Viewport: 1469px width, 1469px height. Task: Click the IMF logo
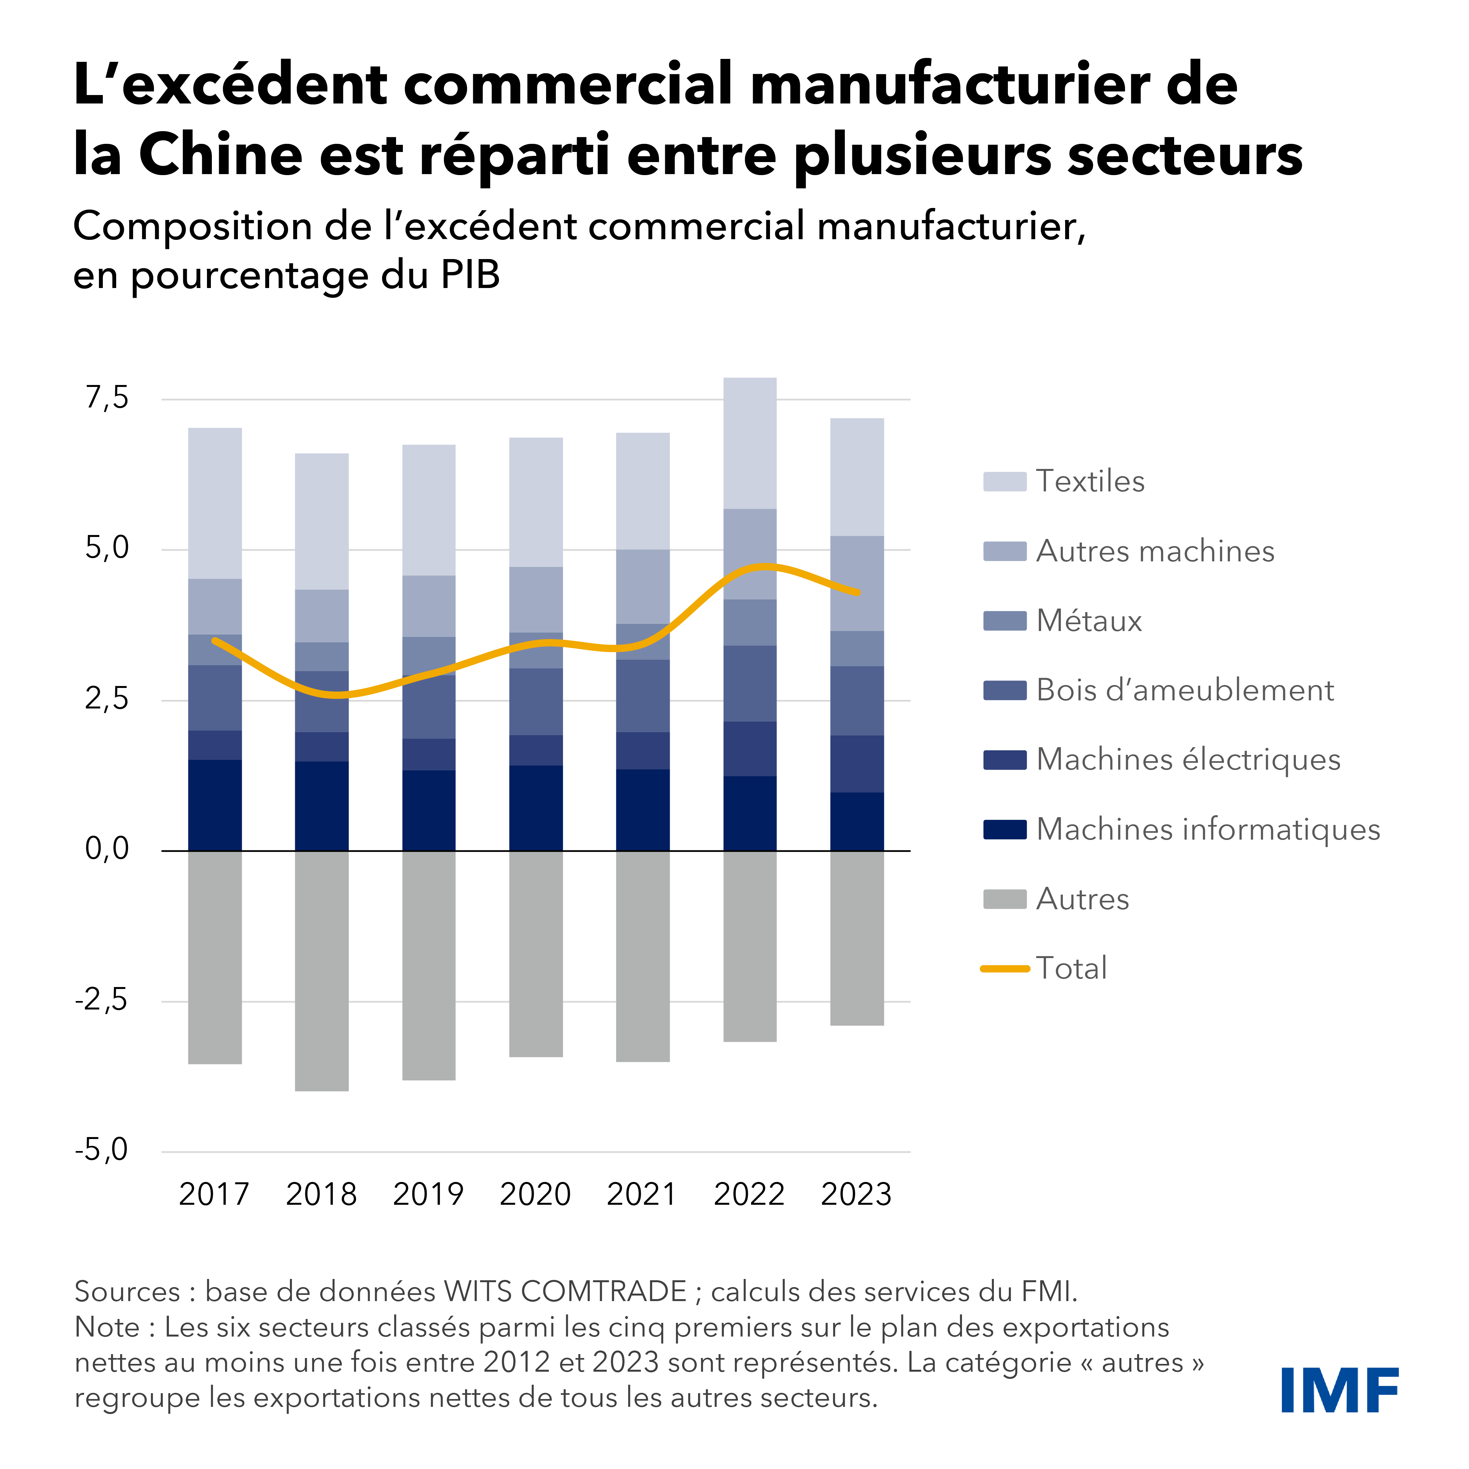point(1340,1390)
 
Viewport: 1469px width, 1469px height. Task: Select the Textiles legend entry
point(1090,481)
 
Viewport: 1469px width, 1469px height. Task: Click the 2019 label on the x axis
point(428,1195)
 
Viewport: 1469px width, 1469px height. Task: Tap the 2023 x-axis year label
point(856,1195)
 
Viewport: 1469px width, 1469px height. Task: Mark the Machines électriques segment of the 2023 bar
point(857,763)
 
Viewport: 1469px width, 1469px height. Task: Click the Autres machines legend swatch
point(1004,551)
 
